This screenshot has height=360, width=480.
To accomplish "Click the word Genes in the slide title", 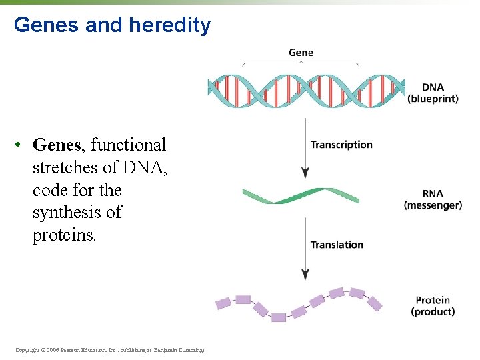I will tap(43, 25).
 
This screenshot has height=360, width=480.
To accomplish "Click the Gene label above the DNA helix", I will tap(301, 53).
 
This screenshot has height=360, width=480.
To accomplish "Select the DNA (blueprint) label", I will tap(433, 93).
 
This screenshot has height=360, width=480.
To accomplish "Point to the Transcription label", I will tap(341, 145).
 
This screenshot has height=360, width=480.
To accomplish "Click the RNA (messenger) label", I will tap(433, 200).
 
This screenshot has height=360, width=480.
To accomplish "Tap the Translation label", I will tap(337, 245).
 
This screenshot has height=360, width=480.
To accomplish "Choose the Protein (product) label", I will tap(433, 306).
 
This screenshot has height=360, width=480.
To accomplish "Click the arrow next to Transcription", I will tap(305, 148).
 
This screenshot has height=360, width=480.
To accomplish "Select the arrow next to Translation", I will tap(305, 248).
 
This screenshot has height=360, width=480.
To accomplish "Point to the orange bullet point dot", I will tap(21, 145).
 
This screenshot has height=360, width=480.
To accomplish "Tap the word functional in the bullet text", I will tap(128, 145).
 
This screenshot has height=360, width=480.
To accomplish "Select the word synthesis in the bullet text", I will tap(77, 213).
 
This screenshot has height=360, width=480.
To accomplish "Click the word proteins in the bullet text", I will tap(64, 235).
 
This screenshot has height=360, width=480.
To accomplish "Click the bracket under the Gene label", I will tap(300, 64).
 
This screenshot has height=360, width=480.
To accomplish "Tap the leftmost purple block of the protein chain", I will tap(223, 303).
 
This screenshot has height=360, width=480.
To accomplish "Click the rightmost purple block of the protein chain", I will tap(375, 304).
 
